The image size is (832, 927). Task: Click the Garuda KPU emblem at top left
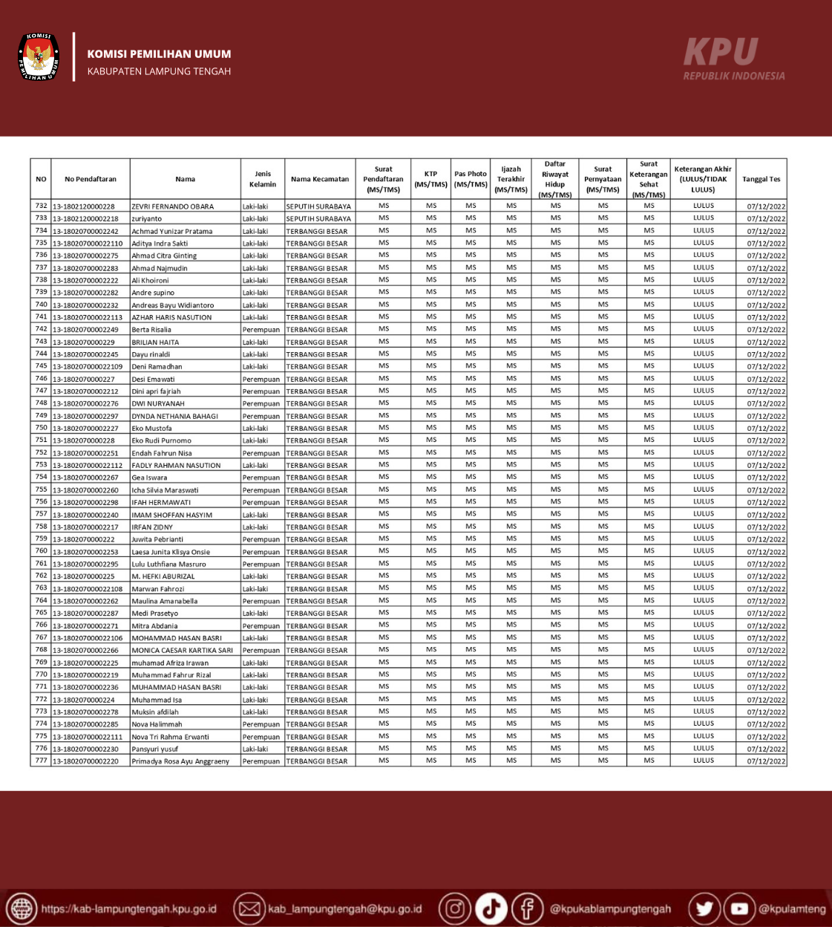pyautogui.click(x=39, y=56)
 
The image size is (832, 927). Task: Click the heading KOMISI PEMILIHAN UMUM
pyautogui.click(x=159, y=54)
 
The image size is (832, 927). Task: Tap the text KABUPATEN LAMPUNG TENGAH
pyautogui.click(x=159, y=71)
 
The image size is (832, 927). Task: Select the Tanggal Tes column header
pyautogui.click(x=761, y=179)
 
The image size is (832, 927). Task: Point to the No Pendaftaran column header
pyautogui.click(x=91, y=179)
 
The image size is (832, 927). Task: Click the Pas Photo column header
pyautogui.click(x=471, y=179)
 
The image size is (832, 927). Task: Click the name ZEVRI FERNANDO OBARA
pyautogui.click(x=173, y=206)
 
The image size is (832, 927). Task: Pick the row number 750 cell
pyautogui.click(x=42, y=428)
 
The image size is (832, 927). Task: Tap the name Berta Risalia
pyautogui.click(x=151, y=330)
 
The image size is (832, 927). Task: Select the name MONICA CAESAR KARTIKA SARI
pyautogui.click(x=183, y=651)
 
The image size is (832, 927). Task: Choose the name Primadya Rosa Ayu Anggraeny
pyautogui.click(x=180, y=761)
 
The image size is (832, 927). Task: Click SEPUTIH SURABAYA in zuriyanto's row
pyautogui.click(x=318, y=219)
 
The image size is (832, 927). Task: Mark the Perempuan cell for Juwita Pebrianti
pyautogui.click(x=261, y=539)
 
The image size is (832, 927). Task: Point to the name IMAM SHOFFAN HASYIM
pyautogui.click(x=172, y=515)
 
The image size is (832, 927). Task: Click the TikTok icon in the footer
pyautogui.click(x=491, y=908)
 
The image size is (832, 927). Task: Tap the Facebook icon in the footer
pyautogui.click(x=527, y=908)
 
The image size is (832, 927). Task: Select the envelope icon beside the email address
pyautogui.click(x=249, y=908)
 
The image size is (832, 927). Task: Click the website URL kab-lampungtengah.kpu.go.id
pyautogui.click(x=129, y=909)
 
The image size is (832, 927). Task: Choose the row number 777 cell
pyautogui.click(x=42, y=761)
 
